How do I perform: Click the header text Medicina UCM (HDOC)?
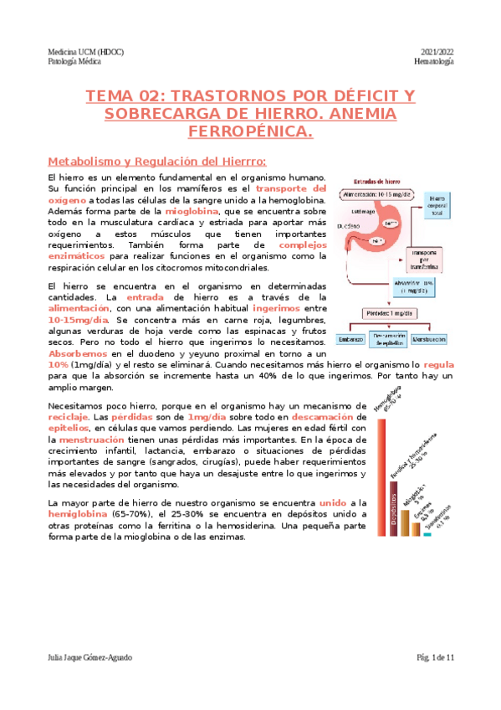[86, 52]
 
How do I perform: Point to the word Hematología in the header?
[434, 63]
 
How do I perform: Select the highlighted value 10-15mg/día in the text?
[79, 320]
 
